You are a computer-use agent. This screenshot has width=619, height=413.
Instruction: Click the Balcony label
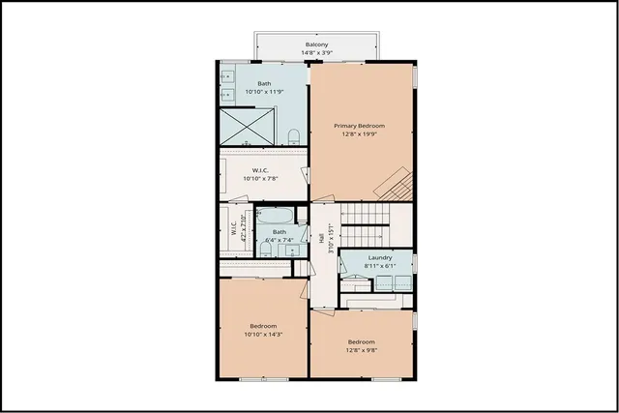click(x=316, y=45)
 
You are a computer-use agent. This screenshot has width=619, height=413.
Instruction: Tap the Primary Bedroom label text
click(x=360, y=126)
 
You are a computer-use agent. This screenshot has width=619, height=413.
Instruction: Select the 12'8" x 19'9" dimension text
click(x=360, y=134)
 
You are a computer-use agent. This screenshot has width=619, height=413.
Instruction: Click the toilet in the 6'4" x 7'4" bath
click(x=265, y=250)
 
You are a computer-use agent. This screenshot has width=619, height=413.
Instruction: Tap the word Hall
click(x=320, y=239)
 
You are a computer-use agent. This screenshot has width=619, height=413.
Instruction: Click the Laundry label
click(x=379, y=257)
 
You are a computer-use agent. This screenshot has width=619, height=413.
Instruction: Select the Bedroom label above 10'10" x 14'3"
click(x=263, y=325)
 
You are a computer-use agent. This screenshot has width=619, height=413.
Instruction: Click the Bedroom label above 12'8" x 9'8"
click(x=361, y=341)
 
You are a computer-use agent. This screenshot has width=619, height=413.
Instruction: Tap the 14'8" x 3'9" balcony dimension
click(x=316, y=53)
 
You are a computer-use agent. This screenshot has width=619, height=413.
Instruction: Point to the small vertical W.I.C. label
click(x=233, y=229)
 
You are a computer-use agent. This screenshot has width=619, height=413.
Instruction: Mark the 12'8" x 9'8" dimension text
click(x=361, y=350)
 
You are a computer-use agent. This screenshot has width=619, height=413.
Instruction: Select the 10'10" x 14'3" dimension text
click(x=263, y=334)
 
